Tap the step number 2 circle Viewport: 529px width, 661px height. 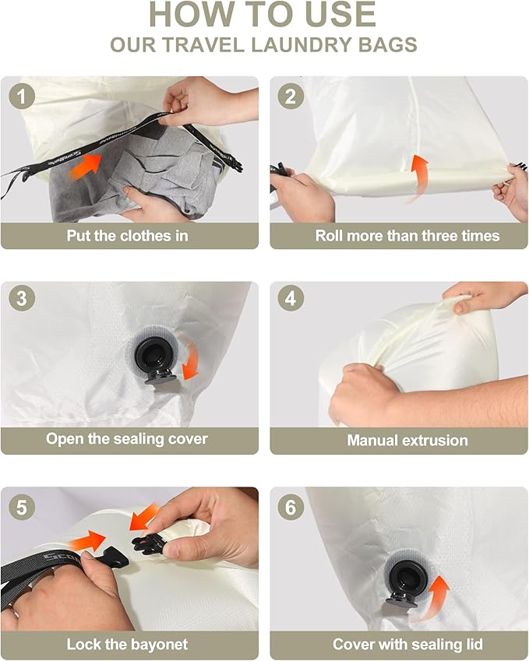click(x=291, y=97)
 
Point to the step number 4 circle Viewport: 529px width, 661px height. click(x=291, y=300)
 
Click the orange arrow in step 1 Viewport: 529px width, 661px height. click(x=90, y=164)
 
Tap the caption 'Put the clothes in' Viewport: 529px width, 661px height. click(x=128, y=235)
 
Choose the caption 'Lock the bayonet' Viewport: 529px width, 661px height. click(x=127, y=644)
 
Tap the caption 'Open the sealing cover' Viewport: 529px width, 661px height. click(x=127, y=438)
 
